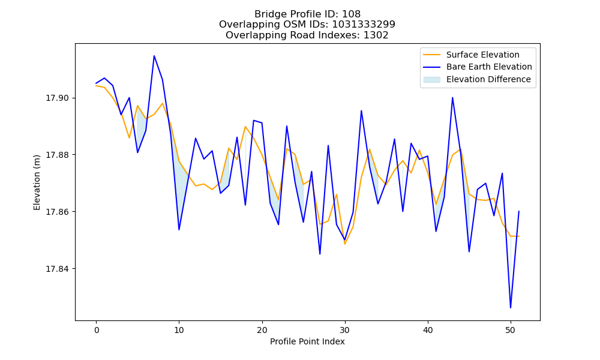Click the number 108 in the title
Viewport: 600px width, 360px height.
(x=351, y=14)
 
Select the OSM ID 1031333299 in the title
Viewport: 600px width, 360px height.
(x=363, y=25)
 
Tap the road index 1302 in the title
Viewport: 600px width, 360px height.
(x=376, y=35)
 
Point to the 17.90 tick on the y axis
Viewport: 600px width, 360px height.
(x=58, y=98)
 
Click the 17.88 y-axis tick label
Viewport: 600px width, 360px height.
(x=58, y=155)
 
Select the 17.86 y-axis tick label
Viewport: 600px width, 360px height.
(x=58, y=212)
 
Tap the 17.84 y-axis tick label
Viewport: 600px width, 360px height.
(x=58, y=269)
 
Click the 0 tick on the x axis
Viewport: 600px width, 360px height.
(x=97, y=331)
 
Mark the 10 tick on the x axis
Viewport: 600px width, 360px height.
(x=179, y=331)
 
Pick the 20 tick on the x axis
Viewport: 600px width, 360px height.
(x=262, y=331)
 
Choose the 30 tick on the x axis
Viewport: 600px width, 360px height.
(x=345, y=331)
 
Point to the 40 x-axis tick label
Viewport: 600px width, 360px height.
(x=428, y=331)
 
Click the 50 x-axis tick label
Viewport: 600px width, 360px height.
(x=511, y=331)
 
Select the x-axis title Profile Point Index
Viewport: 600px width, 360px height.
(x=307, y=341)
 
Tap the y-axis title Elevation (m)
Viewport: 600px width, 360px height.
(x=37, y=182)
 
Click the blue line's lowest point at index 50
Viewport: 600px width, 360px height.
(x=511, y=308)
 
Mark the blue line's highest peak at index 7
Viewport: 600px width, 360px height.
(x=154, y=56)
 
